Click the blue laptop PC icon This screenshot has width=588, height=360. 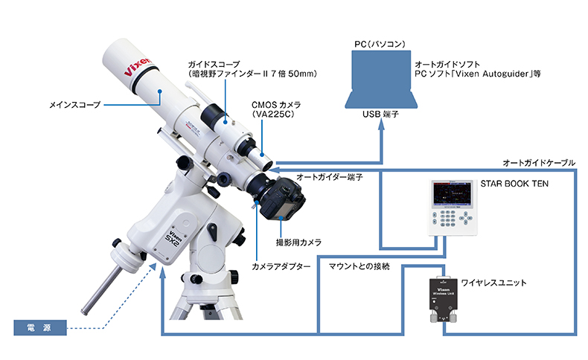[381, 80]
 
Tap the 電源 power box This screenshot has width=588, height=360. [40, 328]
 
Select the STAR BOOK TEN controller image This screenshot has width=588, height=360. [453, 208]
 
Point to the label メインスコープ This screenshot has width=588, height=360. [75, 105]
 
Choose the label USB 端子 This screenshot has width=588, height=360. [380, 115]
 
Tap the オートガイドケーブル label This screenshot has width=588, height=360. [538, 163]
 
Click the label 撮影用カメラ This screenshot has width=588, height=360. [299, 242]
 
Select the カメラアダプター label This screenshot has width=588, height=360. [281, 267]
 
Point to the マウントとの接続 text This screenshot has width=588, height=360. [359, 266]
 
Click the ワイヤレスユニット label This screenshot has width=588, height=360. [493, 283]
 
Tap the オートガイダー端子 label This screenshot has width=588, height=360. [330, 177]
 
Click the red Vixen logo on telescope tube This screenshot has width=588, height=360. [138, 67]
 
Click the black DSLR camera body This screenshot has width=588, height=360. [282, 199]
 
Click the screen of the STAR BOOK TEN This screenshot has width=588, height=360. [452, 193]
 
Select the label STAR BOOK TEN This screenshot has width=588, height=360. [514, 184]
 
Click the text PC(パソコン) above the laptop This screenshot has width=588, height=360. [380, 44]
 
